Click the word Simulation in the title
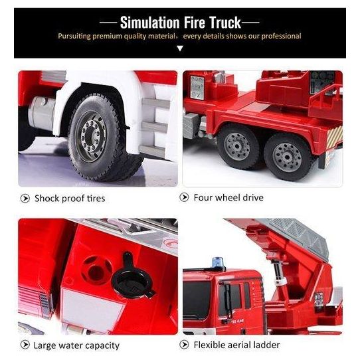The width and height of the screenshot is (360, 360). coord(149,23)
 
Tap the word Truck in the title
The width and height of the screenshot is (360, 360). coord(225,23)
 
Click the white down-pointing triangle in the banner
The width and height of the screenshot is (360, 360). coord(180,48)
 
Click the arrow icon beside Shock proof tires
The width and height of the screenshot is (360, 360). coord(25,199)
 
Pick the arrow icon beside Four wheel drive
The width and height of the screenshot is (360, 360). coord(184,197)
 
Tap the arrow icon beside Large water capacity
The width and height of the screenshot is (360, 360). coord(25,344)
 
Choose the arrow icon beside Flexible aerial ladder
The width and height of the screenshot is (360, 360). coord(184,344)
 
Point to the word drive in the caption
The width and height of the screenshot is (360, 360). coord(252,197)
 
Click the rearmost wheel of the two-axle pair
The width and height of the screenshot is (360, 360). coord(287,157)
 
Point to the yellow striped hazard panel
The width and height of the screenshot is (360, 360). coord(334,137)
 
